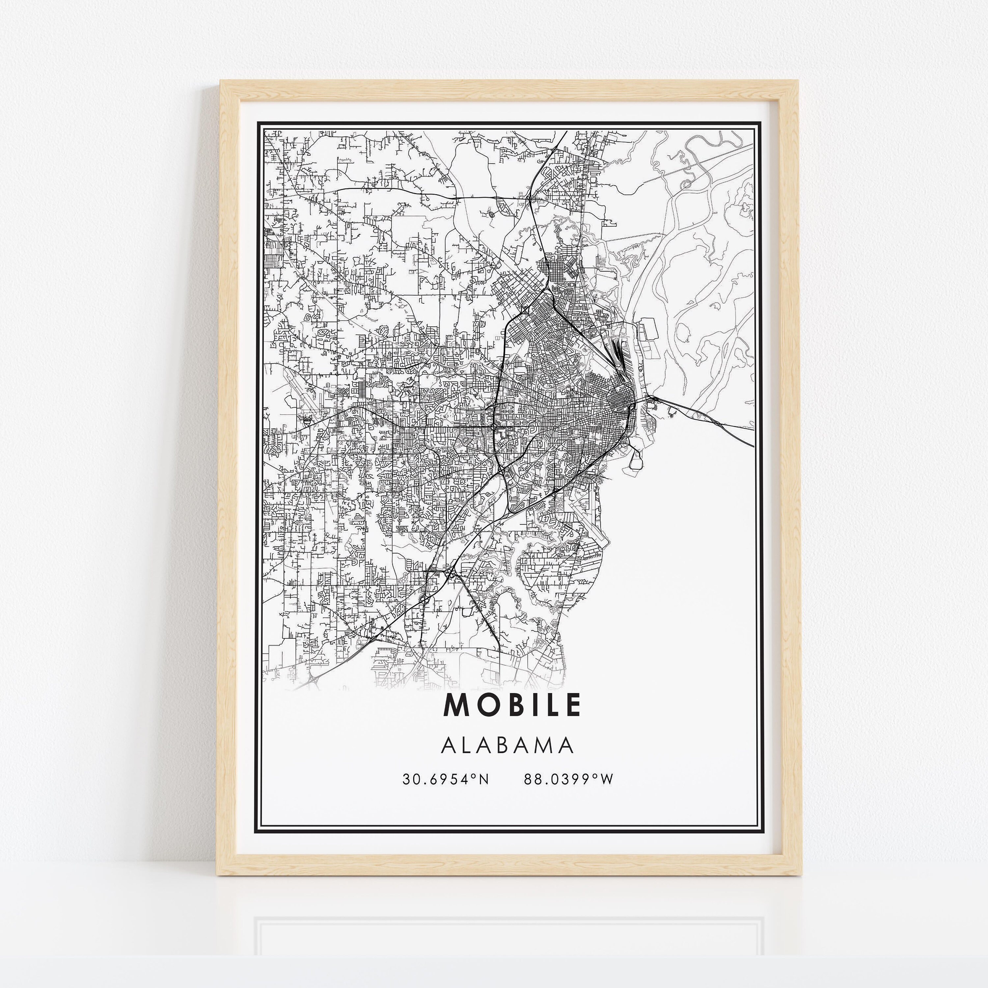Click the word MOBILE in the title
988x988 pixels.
point(512,705)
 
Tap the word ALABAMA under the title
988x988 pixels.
point(507,746)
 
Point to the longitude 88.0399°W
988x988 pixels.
point(568,779)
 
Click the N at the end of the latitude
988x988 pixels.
point(484,779)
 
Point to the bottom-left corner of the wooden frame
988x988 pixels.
point(217,874)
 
